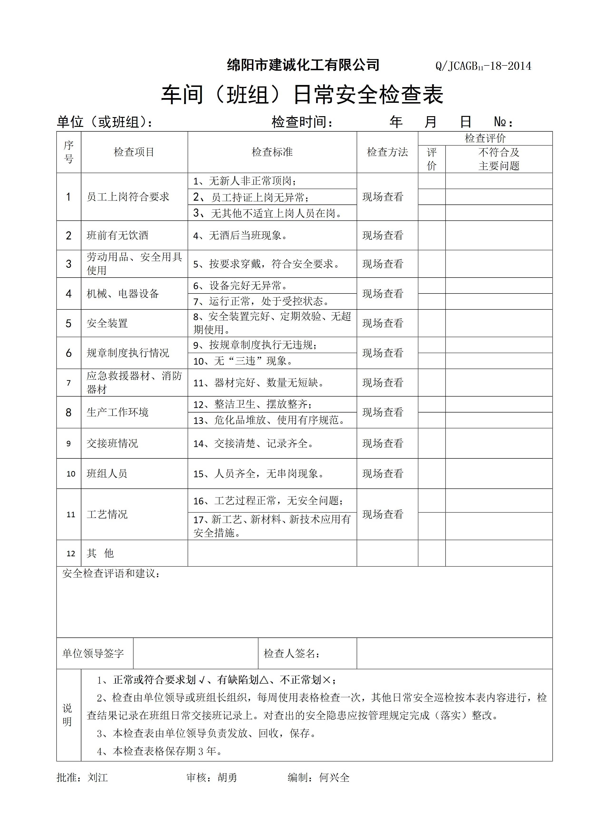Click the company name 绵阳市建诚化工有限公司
point(303,65)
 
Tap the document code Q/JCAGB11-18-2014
point(483,66)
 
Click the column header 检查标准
point(272,152)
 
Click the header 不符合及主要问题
point(499,159)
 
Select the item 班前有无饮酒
point(118,235)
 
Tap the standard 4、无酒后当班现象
point(240,235)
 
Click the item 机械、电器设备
point(123,293)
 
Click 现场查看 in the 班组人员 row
point(383,473)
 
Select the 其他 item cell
point(100,553)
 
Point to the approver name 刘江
point(98,777)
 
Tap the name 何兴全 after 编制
point(334,777)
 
